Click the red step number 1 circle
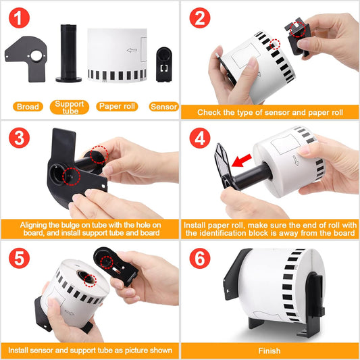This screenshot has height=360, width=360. [20, 18]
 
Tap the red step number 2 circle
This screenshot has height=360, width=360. [200, 18]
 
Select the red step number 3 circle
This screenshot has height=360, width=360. [20, 138]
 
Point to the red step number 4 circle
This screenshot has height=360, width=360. [200, 138]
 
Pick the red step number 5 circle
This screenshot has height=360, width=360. [20, 258]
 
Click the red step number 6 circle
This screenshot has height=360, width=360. [200, 258]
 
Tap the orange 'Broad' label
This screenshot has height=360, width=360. [28, 107]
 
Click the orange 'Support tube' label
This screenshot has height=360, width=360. [70, 107]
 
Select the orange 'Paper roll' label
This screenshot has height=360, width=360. [117, 107]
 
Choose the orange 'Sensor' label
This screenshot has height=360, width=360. [164, 107]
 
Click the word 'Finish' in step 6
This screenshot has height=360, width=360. [269, 351]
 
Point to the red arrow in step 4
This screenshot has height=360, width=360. [242, 161]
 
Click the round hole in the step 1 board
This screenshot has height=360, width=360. [36, 56]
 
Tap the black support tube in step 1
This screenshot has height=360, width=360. [68, 53]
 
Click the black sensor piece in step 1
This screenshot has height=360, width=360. [164, 65]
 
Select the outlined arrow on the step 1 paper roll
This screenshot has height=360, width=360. [132, 50]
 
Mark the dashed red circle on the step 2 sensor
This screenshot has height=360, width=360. [298, 29]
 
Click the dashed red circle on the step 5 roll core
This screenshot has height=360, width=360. [90, 280]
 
